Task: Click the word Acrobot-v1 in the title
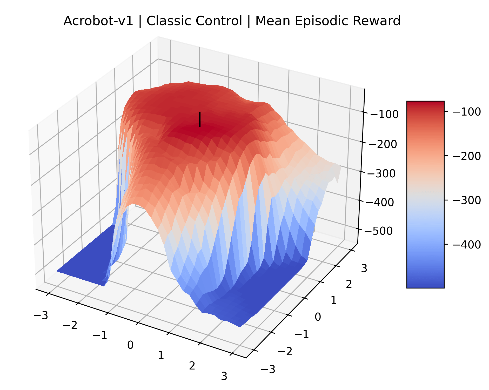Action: click(98, 21)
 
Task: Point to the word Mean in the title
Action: click(273, 21)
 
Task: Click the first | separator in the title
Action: click(140, 21)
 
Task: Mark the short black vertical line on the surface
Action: click(199, 119)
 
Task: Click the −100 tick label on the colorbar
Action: click(467, 112)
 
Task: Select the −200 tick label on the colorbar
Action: click(467, 156)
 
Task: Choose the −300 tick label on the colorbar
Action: click(467, 200)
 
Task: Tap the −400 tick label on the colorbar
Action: click(467, 244)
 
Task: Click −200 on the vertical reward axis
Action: click(383, 144)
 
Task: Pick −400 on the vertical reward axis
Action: click(380, 202)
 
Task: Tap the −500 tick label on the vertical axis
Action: click(378, 231)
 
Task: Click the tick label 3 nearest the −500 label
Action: click(364, 268)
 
